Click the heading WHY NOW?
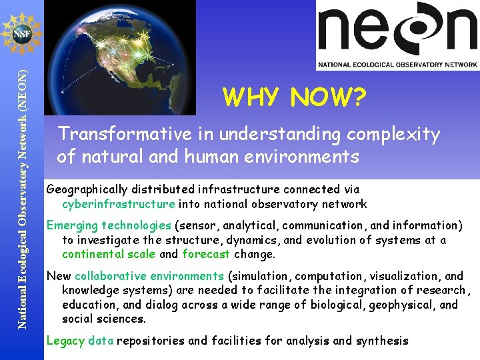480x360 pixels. coord(295,98)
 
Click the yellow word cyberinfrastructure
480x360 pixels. coord(119,204)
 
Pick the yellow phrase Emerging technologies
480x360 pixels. coord(109,225)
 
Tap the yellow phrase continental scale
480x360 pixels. coord(108,254)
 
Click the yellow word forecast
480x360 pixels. coord(206,254)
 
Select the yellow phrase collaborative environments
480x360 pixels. coord(149,276)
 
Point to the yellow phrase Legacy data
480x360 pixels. coord(80,341)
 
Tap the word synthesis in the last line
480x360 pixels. coord(381,341)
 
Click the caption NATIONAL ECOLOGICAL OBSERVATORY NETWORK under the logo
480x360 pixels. coord(397,64)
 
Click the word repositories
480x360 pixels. coord(151,341)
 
